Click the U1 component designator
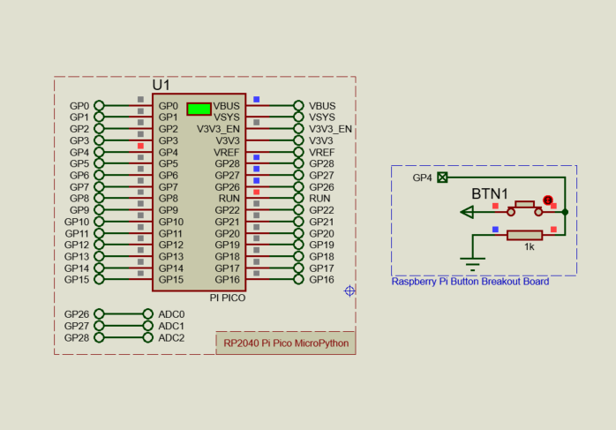point(161,85)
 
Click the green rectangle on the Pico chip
point(199,109)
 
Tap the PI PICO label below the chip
point(227,298)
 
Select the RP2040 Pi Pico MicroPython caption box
point(286,343)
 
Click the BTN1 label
point(489,193)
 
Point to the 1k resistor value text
point(530,247)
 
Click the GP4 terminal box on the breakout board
point(443,177)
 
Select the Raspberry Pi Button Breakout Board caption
point(470,282)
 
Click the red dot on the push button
point(547,201)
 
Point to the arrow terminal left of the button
point(468,212)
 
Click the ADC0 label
point(171,314)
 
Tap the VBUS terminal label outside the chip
point(322,106)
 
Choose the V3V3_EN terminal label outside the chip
point(330,129)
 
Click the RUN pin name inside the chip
point(229,199)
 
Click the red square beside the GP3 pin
point(140,145)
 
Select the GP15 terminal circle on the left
point(99,280)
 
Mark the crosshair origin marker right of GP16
point(350,290)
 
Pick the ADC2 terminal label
point(171,337)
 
